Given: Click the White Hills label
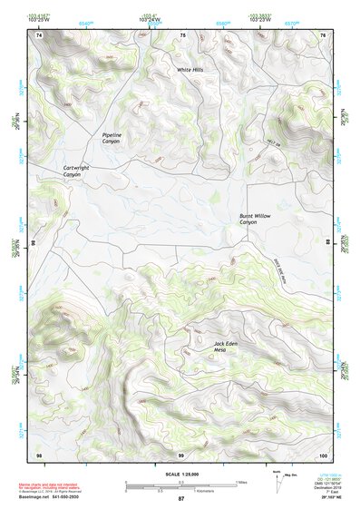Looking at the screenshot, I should [x=190, y=70].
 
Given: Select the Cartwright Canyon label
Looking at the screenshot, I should [x=78, y=170].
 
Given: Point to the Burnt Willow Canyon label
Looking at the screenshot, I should [x=255, y=219].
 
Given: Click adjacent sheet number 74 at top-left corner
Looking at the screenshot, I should [x=39, y=34].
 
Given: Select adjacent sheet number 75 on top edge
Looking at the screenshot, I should [x=181, y=34].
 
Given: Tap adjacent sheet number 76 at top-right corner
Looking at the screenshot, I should [x=322, y=34].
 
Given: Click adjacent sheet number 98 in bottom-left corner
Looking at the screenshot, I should [x=39, y=454].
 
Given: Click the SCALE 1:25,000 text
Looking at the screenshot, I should [x=180, y=474].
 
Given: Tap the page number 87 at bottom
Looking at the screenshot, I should [x=180, y=499].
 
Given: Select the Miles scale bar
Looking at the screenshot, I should [x=181, y=483].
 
